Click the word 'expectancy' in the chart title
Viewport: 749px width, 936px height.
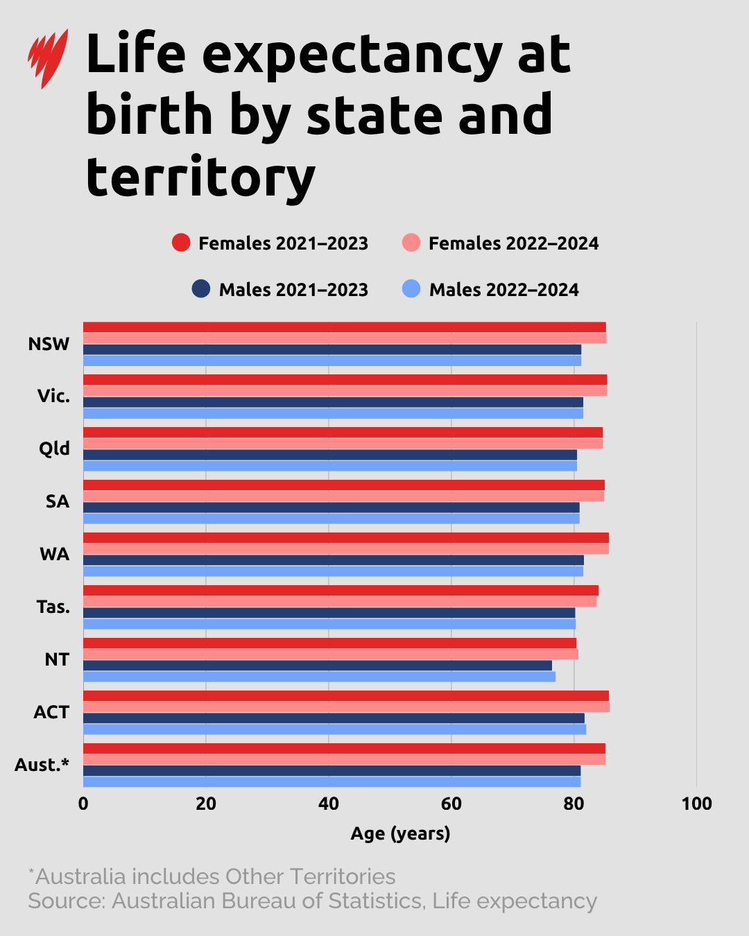point(352,55)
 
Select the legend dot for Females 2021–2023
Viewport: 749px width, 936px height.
point(181,243)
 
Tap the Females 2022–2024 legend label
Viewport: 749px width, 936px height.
point(513,243)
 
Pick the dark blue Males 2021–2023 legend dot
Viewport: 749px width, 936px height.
point(201,289)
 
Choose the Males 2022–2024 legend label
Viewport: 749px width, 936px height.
point(503,290)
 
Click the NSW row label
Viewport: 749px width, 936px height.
point(49,344)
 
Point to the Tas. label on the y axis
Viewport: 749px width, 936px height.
point(53,607)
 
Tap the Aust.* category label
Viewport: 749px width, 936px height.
point(42,765)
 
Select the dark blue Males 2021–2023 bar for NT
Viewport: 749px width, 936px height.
point(317,666)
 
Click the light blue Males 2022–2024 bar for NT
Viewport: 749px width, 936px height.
point(319,677)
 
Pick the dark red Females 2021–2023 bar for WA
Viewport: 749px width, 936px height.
point(345,538)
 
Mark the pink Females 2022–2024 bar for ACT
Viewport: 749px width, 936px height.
point(346,707)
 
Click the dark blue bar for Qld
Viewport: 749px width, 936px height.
point(329,455)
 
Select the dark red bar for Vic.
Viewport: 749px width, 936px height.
point(345,380)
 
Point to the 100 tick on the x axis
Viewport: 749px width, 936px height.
point(696,804)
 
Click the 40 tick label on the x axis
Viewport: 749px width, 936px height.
point(329,804)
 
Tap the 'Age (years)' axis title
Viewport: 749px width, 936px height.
point(400,833)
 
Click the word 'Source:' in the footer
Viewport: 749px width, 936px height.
point(67,901)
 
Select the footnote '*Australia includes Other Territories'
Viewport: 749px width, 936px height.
point(212,876)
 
